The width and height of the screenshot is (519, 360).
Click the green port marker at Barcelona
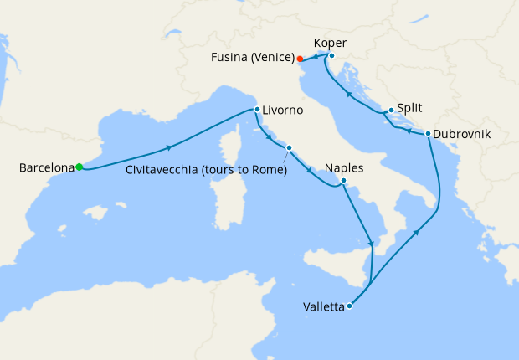(x=79, y=167)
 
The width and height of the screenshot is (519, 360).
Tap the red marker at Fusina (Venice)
(x=300, y=59)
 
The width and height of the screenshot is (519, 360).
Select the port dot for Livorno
(x=257, y=109)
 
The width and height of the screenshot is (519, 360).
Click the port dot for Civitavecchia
(x=288, y=148)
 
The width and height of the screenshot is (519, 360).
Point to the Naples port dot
(x=343, y=180)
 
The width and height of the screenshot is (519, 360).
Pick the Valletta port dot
(x=349, y=306)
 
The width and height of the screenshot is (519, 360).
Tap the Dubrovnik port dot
(x=428, y=133)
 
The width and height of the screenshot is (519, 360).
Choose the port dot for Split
(x=391, y=110)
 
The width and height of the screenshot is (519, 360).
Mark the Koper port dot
(x=331, y=56)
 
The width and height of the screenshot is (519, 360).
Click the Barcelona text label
(x=45, y=168)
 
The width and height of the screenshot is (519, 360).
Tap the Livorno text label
(x=283, y=111)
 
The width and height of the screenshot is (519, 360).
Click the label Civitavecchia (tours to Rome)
(x=206, y=170)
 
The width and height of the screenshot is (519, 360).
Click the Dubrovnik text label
(x=462, y=134)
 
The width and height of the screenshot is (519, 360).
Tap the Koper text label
(x=330, y=42)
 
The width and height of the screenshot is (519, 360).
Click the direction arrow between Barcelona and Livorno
(x=170, y=147)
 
